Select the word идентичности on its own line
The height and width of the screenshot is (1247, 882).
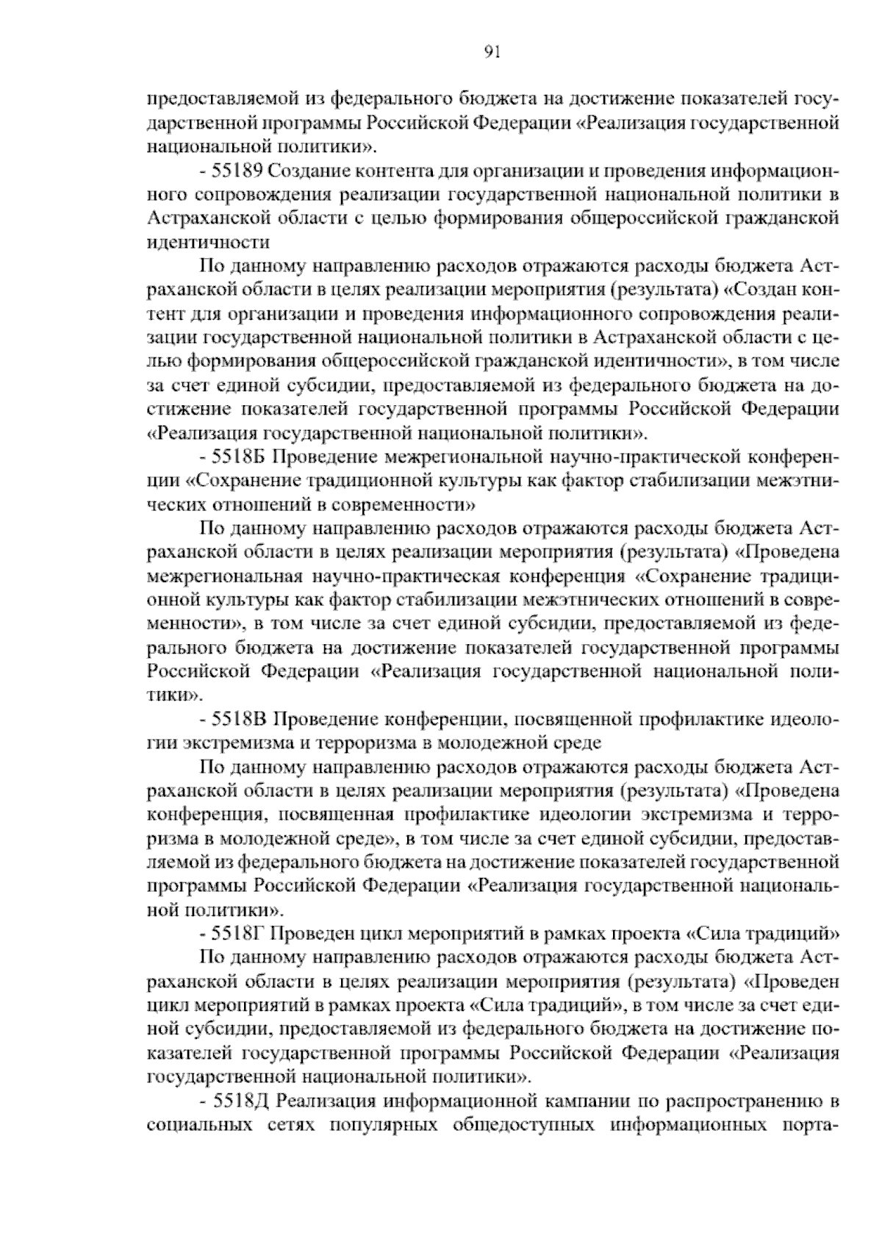tap(208, 243)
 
